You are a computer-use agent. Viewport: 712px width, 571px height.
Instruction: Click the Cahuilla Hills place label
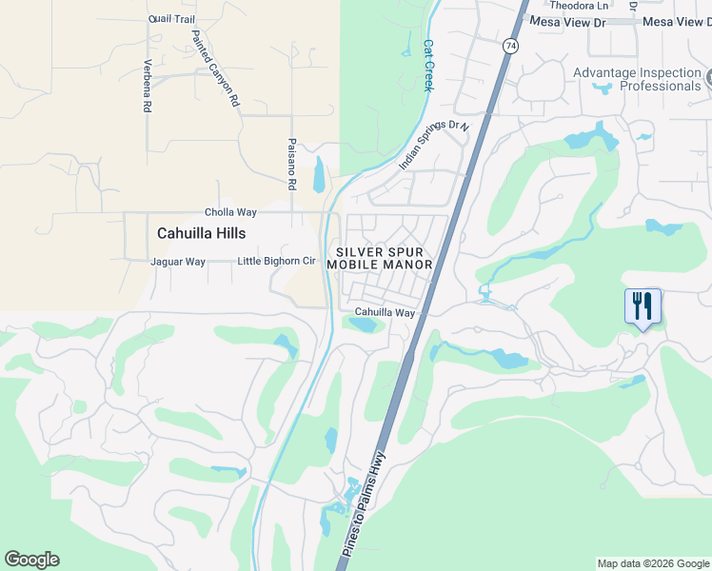pos(201,233)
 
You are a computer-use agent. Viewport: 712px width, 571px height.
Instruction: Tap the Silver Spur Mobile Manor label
pos(380,258)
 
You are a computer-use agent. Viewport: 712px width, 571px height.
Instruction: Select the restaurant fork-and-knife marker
pos(643,306)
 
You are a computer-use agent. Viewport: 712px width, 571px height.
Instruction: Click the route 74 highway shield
pos(511,46)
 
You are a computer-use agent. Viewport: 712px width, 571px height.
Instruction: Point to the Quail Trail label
pos(171,18)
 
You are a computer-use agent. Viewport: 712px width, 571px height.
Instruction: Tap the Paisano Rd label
pos(292,162)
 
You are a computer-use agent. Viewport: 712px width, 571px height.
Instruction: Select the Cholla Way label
pos(231,212)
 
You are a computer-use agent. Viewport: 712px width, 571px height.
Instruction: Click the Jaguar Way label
pos(178,262)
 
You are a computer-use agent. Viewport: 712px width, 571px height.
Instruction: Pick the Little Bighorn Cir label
pos(276,261)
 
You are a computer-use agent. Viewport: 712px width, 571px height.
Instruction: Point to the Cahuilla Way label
pos(386,312)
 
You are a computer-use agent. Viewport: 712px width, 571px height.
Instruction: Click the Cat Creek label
pos(428,65)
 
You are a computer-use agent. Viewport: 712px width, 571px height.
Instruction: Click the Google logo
pos(31,560)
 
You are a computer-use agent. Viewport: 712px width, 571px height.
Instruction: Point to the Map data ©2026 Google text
pos(653,563)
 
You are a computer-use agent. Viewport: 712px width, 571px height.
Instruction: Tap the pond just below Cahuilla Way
pos(364,325)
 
